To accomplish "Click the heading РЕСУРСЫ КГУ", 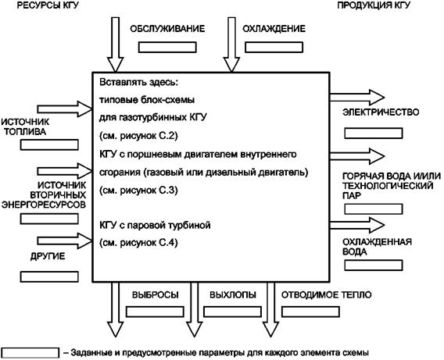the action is (48, 5).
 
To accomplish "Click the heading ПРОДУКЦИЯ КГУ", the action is (374, 5).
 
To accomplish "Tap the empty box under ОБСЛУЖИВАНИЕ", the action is (167, 47).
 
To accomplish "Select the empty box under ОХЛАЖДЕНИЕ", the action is (274, 47).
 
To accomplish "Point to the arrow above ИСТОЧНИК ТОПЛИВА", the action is (65, 109).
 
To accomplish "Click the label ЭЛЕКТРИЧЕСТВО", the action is (381, 112).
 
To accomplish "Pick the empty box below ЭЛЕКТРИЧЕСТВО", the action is (374, 134).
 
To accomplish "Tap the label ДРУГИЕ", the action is (48, 256).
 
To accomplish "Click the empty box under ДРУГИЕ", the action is (49, 277).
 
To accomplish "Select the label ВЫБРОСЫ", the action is (156, 295).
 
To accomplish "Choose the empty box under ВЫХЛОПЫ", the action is (232, 312).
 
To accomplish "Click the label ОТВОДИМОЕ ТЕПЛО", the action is (326, 295).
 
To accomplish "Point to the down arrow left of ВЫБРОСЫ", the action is (115, 309).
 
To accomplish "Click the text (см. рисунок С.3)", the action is (138, 191).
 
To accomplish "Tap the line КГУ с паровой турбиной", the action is (155, 226).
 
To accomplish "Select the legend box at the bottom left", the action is (30, 353).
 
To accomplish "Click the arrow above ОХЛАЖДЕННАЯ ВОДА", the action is (357, 225).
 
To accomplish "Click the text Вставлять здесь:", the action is (139, 82).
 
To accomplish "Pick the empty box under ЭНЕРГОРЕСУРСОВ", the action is (49, 219).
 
